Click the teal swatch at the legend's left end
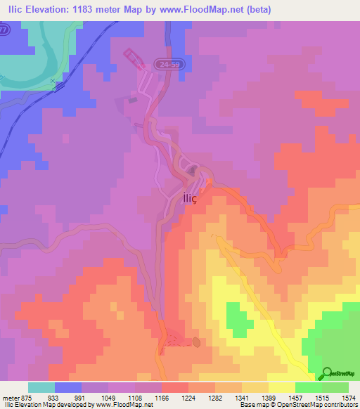(41, 387)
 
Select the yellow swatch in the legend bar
(281, 387)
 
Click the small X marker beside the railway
(53, 82)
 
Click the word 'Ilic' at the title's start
(14, 10)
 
